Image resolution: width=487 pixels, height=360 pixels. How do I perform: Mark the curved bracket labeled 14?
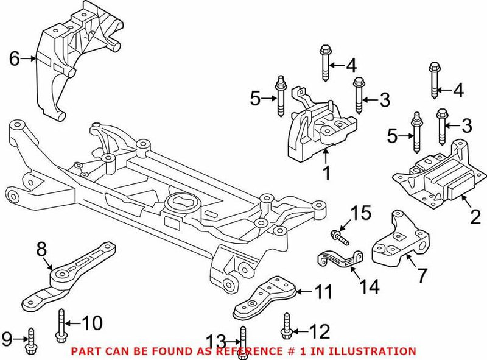click(x=338, y=259)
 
